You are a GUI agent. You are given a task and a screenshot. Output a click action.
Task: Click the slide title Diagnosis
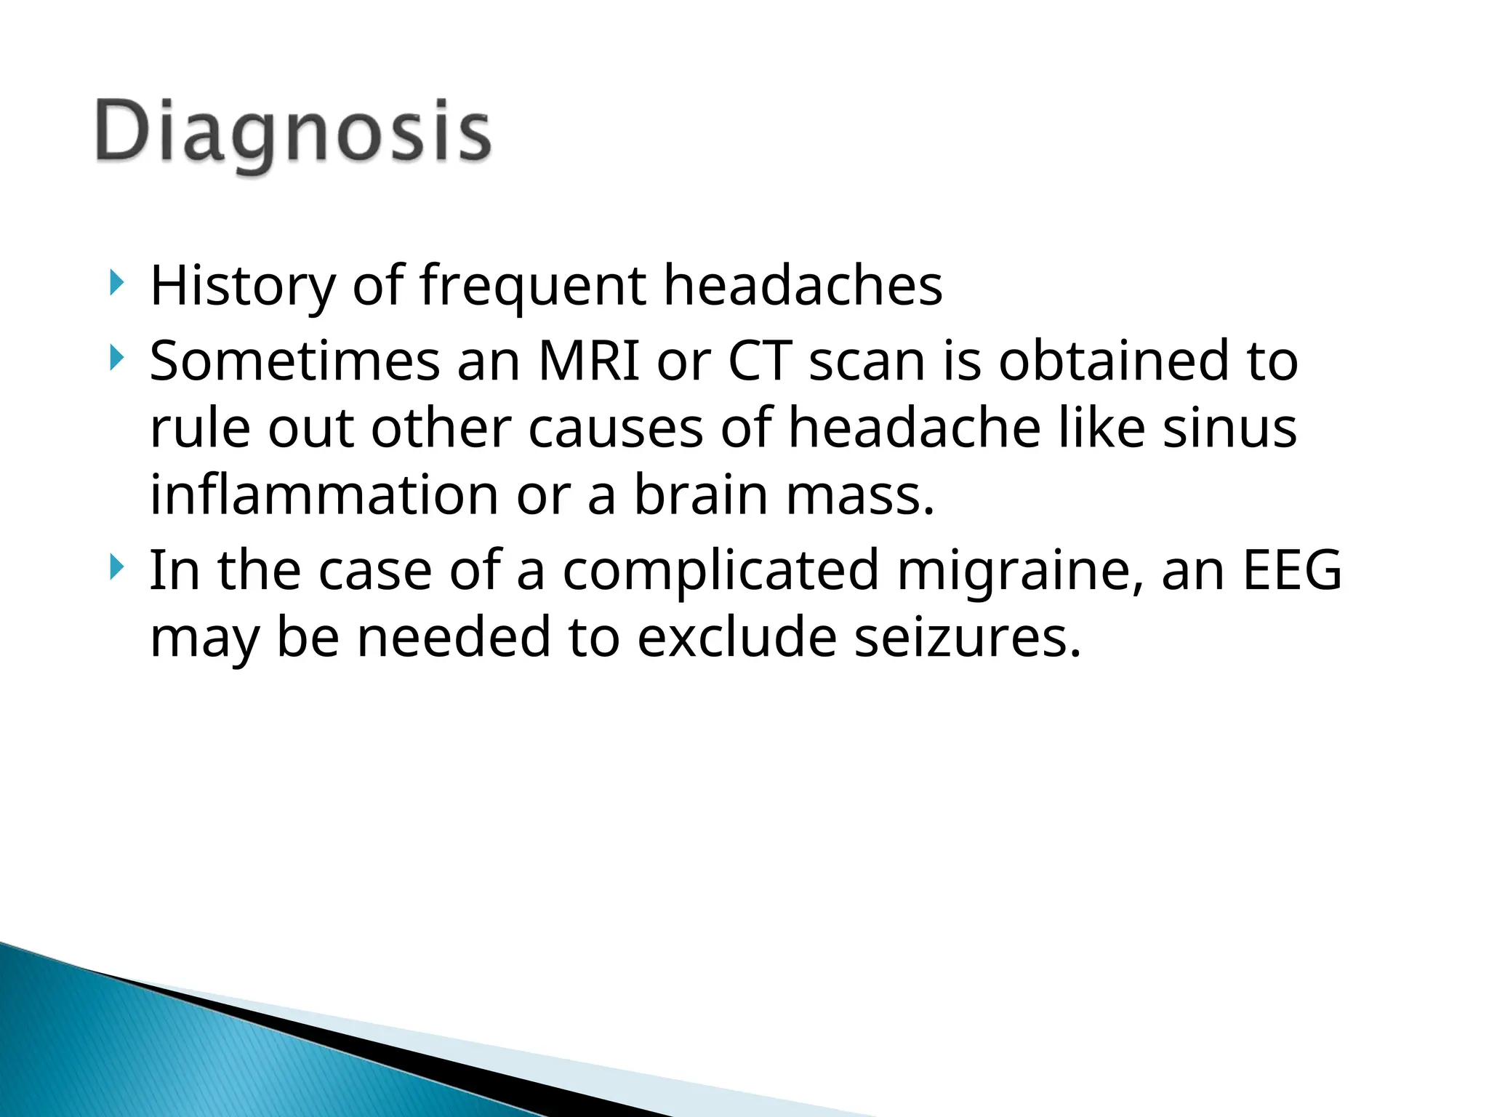pyautogui.click(x=293, y=133)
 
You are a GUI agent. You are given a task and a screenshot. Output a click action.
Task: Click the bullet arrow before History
pyautogui.click(x=116, y=282)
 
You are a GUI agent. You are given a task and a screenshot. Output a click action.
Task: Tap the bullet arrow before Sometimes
pyautogui.click(x=116, y=358)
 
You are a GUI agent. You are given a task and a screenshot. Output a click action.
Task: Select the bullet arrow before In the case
pyautogui.click(x=116, y=567)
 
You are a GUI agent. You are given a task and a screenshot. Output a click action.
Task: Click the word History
pyautogui.click(x=243, y=286)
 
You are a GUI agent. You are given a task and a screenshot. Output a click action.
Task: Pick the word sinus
pyautogui.click(x=1229, y=428)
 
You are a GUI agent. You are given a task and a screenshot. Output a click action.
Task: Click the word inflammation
pyautogui.click(x=324, y=495)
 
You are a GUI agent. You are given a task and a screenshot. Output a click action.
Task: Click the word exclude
pyautogui.click(x=737, y=637)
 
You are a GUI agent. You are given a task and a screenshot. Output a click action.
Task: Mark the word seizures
pyautogui.click(x=967, y=637)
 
